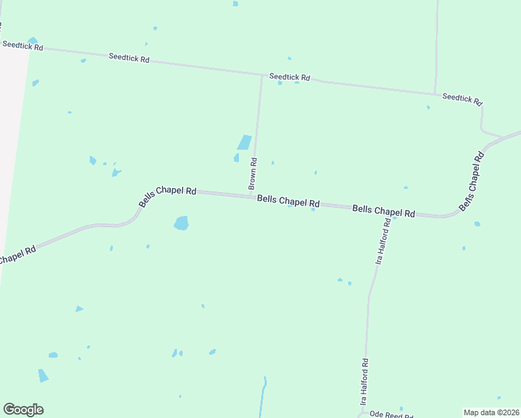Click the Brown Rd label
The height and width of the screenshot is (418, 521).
[254, 174]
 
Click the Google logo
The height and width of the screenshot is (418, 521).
[23, 410]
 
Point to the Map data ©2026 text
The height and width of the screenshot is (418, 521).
[491, 412]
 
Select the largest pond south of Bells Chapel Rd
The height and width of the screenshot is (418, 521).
[181, 223]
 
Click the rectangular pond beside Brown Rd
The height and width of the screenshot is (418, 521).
[244, 142]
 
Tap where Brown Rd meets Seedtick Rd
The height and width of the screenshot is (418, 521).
[262, 74]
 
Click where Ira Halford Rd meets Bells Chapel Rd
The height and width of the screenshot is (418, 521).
[389, 214]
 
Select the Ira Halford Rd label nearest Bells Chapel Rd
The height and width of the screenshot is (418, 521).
[382, 240]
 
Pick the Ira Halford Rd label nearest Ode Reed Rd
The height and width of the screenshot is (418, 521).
[364, 382]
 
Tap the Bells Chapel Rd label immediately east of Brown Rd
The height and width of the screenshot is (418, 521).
[288, 201]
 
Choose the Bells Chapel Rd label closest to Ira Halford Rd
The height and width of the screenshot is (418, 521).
[383, 210]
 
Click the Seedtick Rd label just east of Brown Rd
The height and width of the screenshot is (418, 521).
[290, 77]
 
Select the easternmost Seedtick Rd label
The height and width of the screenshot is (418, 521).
[462, 99]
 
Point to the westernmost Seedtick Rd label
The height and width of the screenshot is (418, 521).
[22, 46]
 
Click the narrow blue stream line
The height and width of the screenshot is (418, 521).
[263, 397]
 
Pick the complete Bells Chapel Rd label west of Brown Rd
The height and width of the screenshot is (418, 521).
[167, 195]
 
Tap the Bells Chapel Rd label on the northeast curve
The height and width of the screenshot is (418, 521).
[472, 182]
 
